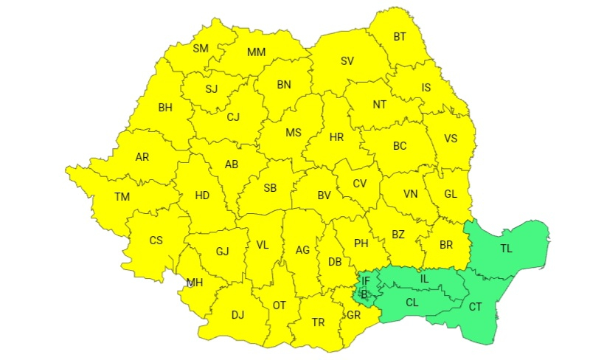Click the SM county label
(x=201, y=49)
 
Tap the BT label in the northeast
(x=400, y=36)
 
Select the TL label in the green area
(x=506, y=249)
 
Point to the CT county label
(x=476, y=306)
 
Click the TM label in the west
(x=122, y=196)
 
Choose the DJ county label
(x=237, y=315)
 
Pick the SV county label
(x=347, y=61)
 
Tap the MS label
(x=294, y=133)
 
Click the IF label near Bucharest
(x=366, y=281)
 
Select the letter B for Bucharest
(x=364, y=294)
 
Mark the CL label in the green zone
(x=412, y=302)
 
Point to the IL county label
(x=424, y=279)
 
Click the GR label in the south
(x=353, y=314)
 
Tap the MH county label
(x=195, y=283)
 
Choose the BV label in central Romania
(x=324, y=195)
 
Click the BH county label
(x=165, y=107)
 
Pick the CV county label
(x=360, y=184)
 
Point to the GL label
(x=451, y=195)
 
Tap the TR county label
(x=319, y=322)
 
